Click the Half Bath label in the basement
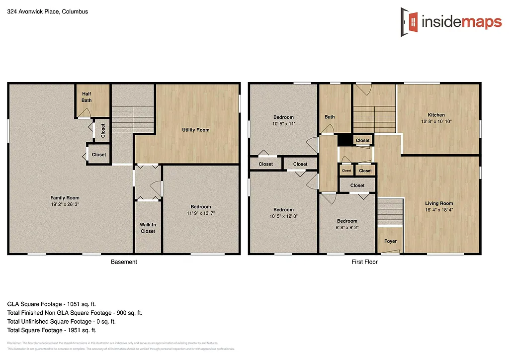coord(86,97)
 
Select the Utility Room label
coord(195,130)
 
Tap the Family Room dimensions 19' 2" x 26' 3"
coord(65,204)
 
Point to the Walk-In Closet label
coord(148,228)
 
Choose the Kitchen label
coord(436,115)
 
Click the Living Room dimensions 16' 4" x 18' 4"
coord(439,209)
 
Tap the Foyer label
coord(390,241)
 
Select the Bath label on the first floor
coord(330,117)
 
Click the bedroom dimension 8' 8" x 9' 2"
coord(347,227)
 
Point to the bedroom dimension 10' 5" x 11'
coord(283,123)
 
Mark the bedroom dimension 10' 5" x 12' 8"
coord(283,216)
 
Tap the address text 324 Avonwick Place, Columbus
coord(48,11)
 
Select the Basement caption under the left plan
coord(123,262)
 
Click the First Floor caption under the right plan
coord(364,262)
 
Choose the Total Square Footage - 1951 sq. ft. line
coord(52,330)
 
